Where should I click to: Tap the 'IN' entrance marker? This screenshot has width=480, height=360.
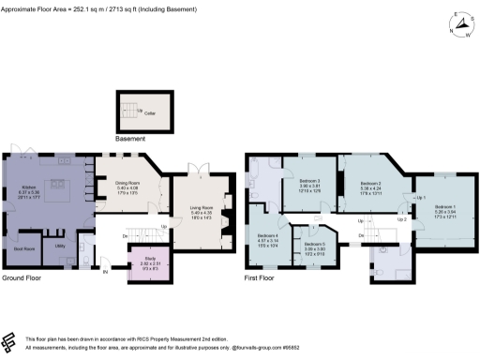105,272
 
